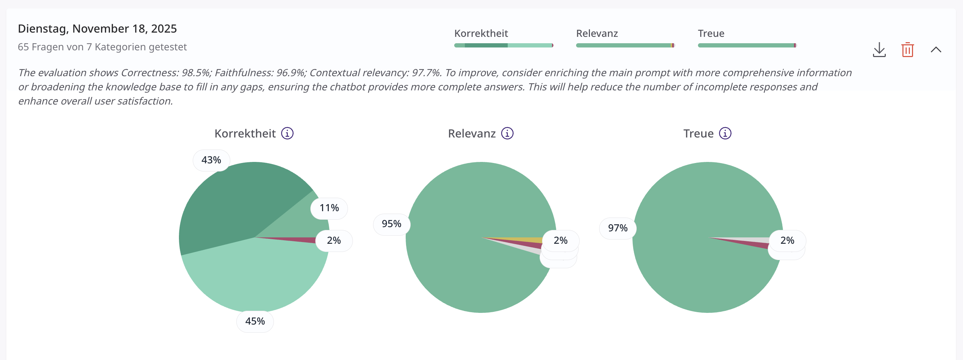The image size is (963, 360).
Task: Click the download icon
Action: (x=879, y=50)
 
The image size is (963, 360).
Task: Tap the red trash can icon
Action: (x=907, y=50)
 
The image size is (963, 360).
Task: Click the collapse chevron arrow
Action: (x=936, y=50)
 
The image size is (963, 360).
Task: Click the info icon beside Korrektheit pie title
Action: (x=287, y=134)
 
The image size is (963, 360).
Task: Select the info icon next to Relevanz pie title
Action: (x=507, y=134)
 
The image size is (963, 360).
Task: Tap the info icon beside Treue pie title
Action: (x=725, y=134)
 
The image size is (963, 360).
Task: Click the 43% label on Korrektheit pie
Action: (x=211, y=161)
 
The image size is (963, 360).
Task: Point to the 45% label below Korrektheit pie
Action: (x=255, y=321)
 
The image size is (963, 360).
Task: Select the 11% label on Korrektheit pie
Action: (x=329, y=208)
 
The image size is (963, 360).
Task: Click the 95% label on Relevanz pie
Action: (x=392, y=224)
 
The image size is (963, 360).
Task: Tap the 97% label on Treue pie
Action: (x=618, y=228)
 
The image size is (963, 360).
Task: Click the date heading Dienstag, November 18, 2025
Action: (x=97, y=29)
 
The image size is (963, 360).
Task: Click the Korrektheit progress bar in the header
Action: (x=503, y=46)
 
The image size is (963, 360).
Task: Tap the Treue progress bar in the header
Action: (x=747, y=46)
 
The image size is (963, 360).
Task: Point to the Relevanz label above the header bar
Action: (x=597, y=34)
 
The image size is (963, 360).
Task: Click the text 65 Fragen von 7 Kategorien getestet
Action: (x=102, y=47)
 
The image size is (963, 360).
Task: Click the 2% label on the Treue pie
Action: (x=787, y=240)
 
